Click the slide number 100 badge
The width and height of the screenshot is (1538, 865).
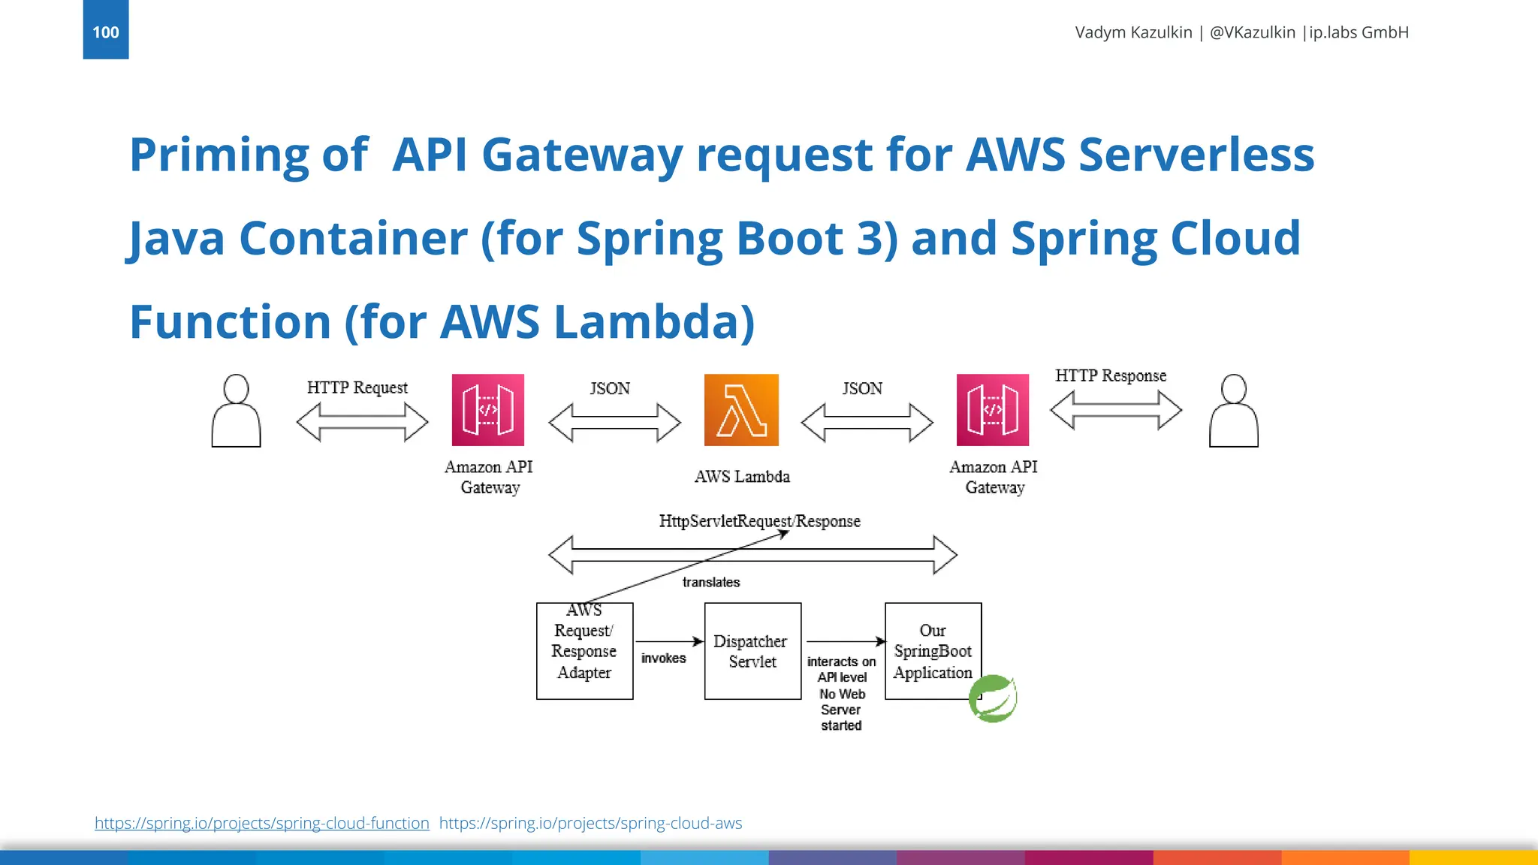click(x=105, y=31)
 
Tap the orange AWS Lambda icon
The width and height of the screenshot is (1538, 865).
click(x=741, y=410)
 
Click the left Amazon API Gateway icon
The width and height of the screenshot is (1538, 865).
click(x=488, y=410)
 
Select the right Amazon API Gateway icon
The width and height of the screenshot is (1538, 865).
click(x=993, y=410)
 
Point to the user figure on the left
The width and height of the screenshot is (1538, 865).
click(x=236, y=411)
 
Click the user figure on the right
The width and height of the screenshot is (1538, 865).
click(x=1233, y=411)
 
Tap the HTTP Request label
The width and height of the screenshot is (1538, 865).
click(x=357, y=387)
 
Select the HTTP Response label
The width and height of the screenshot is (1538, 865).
click(x=1111, y=375)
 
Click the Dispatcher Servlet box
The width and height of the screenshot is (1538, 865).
click(x=752, y=651)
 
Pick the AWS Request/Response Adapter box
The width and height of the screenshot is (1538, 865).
click(x=584, y=651)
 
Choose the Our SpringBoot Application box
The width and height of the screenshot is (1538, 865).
click(x=933, y=651)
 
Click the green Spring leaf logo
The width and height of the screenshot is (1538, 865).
click(x=993, y=698)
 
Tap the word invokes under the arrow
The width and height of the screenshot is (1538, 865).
click(x=663, y=659)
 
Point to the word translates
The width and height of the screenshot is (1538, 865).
click(x=710, y=582)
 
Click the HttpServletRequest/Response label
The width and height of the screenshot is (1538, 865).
click(x=759, y=521)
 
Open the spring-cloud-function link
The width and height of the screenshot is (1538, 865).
click(x=261, y=823)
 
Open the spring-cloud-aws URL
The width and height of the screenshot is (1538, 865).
click(x=590, y=823)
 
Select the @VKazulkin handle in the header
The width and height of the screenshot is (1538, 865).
click(x=1252, y=32)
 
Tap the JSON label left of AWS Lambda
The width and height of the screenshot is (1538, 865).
click(x=609, y=388)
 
